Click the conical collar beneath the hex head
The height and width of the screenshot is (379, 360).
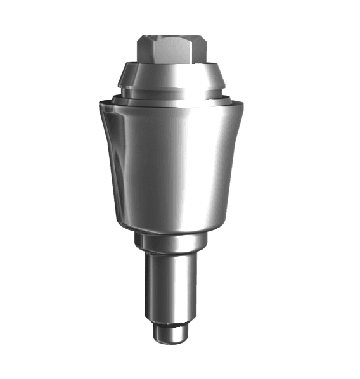[x=171, y=77]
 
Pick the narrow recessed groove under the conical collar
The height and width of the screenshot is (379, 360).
[x=171, y=94]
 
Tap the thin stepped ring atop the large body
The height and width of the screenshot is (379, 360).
[x=171, y=100]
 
